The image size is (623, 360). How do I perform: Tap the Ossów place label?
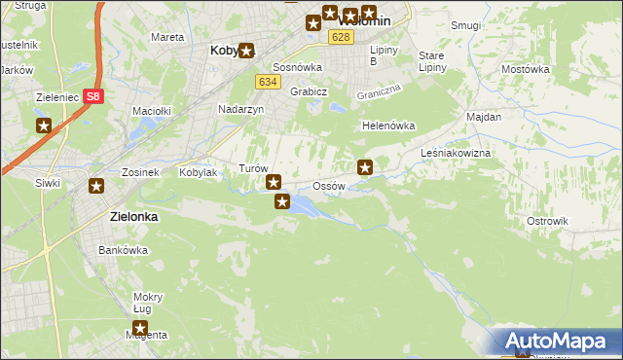pyautogui.click(x=329, y=186)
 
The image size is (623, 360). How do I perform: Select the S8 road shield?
pyautogui.click(x=92, y=96)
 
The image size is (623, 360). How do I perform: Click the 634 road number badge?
pyautogui.click(x=269, y=82)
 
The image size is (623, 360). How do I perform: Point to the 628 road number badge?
pyautogui.click(x=340, y=37)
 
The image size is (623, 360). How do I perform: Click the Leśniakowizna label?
pyautogui.click(x=456, y=154)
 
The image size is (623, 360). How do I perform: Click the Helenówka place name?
pyautogui.click(x=388, y=126)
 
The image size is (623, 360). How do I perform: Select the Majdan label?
pyautogui.click(x=484, y=117)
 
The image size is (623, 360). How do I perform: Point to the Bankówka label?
pyautogui.click(x=123, y=250)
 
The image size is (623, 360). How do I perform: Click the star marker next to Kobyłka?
pyautogui.click(x=246, y=51)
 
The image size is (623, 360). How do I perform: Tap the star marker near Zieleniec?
pyautogui.click(x=44, y=126)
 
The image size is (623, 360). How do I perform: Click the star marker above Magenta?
pyautogui.click(x=140, y=329)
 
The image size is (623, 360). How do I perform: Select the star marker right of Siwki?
pyautogui.click(x=95, y=187)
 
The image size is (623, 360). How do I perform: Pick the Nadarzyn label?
pyautogui.click(x=241, y=110)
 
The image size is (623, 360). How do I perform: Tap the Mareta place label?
pyautogui.click(x=167, y=37)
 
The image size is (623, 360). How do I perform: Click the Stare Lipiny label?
pyautogui.click(x=431, y=61)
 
